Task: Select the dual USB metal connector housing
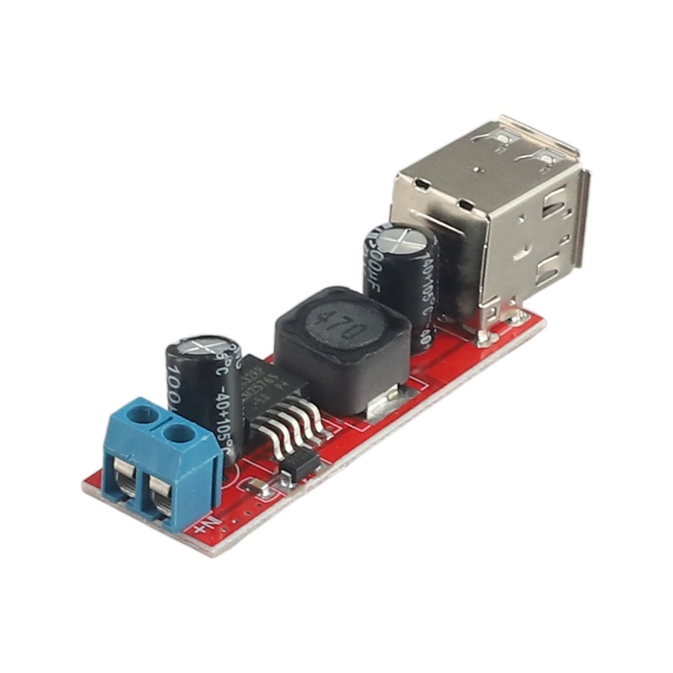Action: point(498,215)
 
